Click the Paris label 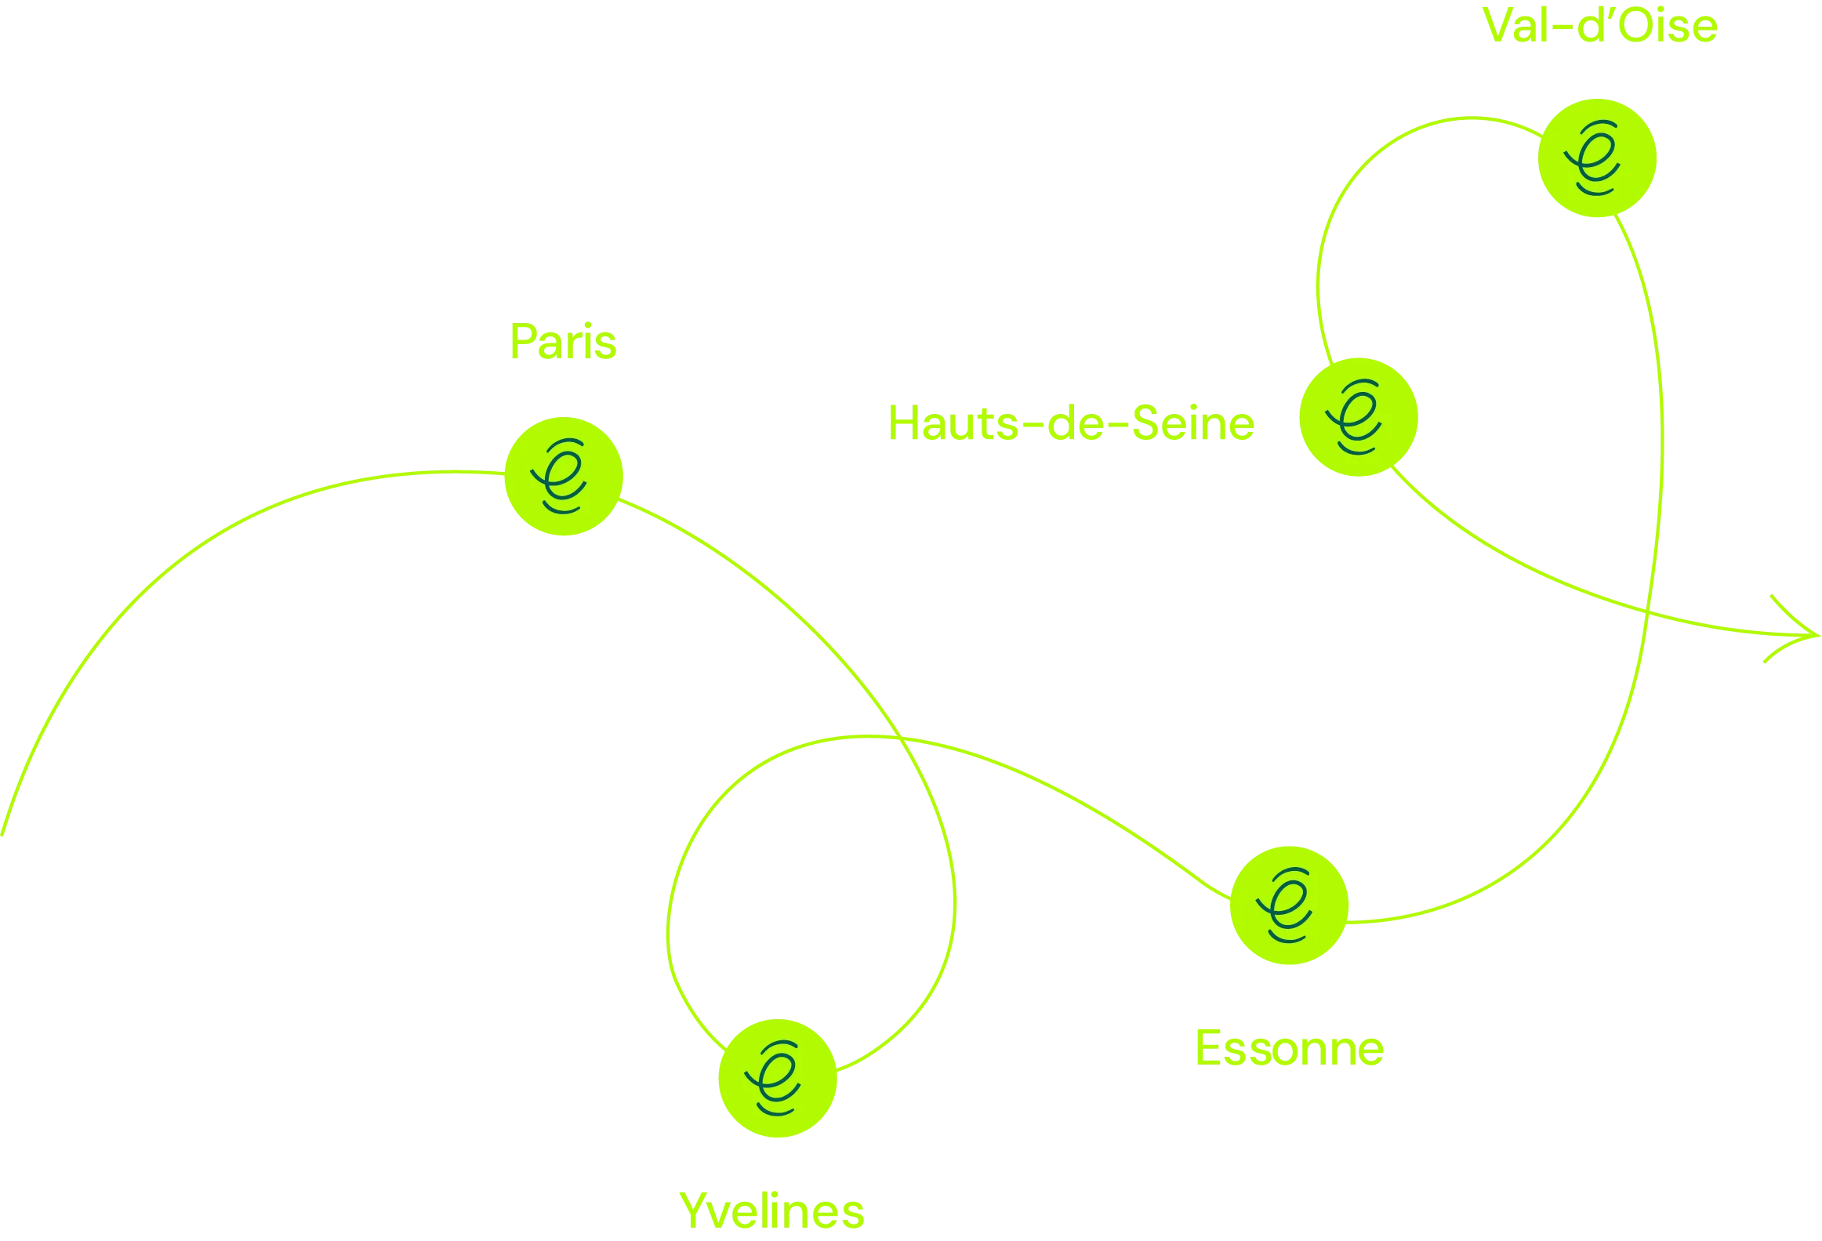563,343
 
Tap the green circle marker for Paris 563,476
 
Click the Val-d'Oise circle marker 1597,158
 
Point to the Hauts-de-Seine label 1071,424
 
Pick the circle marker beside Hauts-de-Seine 1359,417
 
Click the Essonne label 1289,1048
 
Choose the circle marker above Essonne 1289,905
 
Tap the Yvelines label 772,1211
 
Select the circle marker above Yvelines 778,1078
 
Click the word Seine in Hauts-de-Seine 1193,424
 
